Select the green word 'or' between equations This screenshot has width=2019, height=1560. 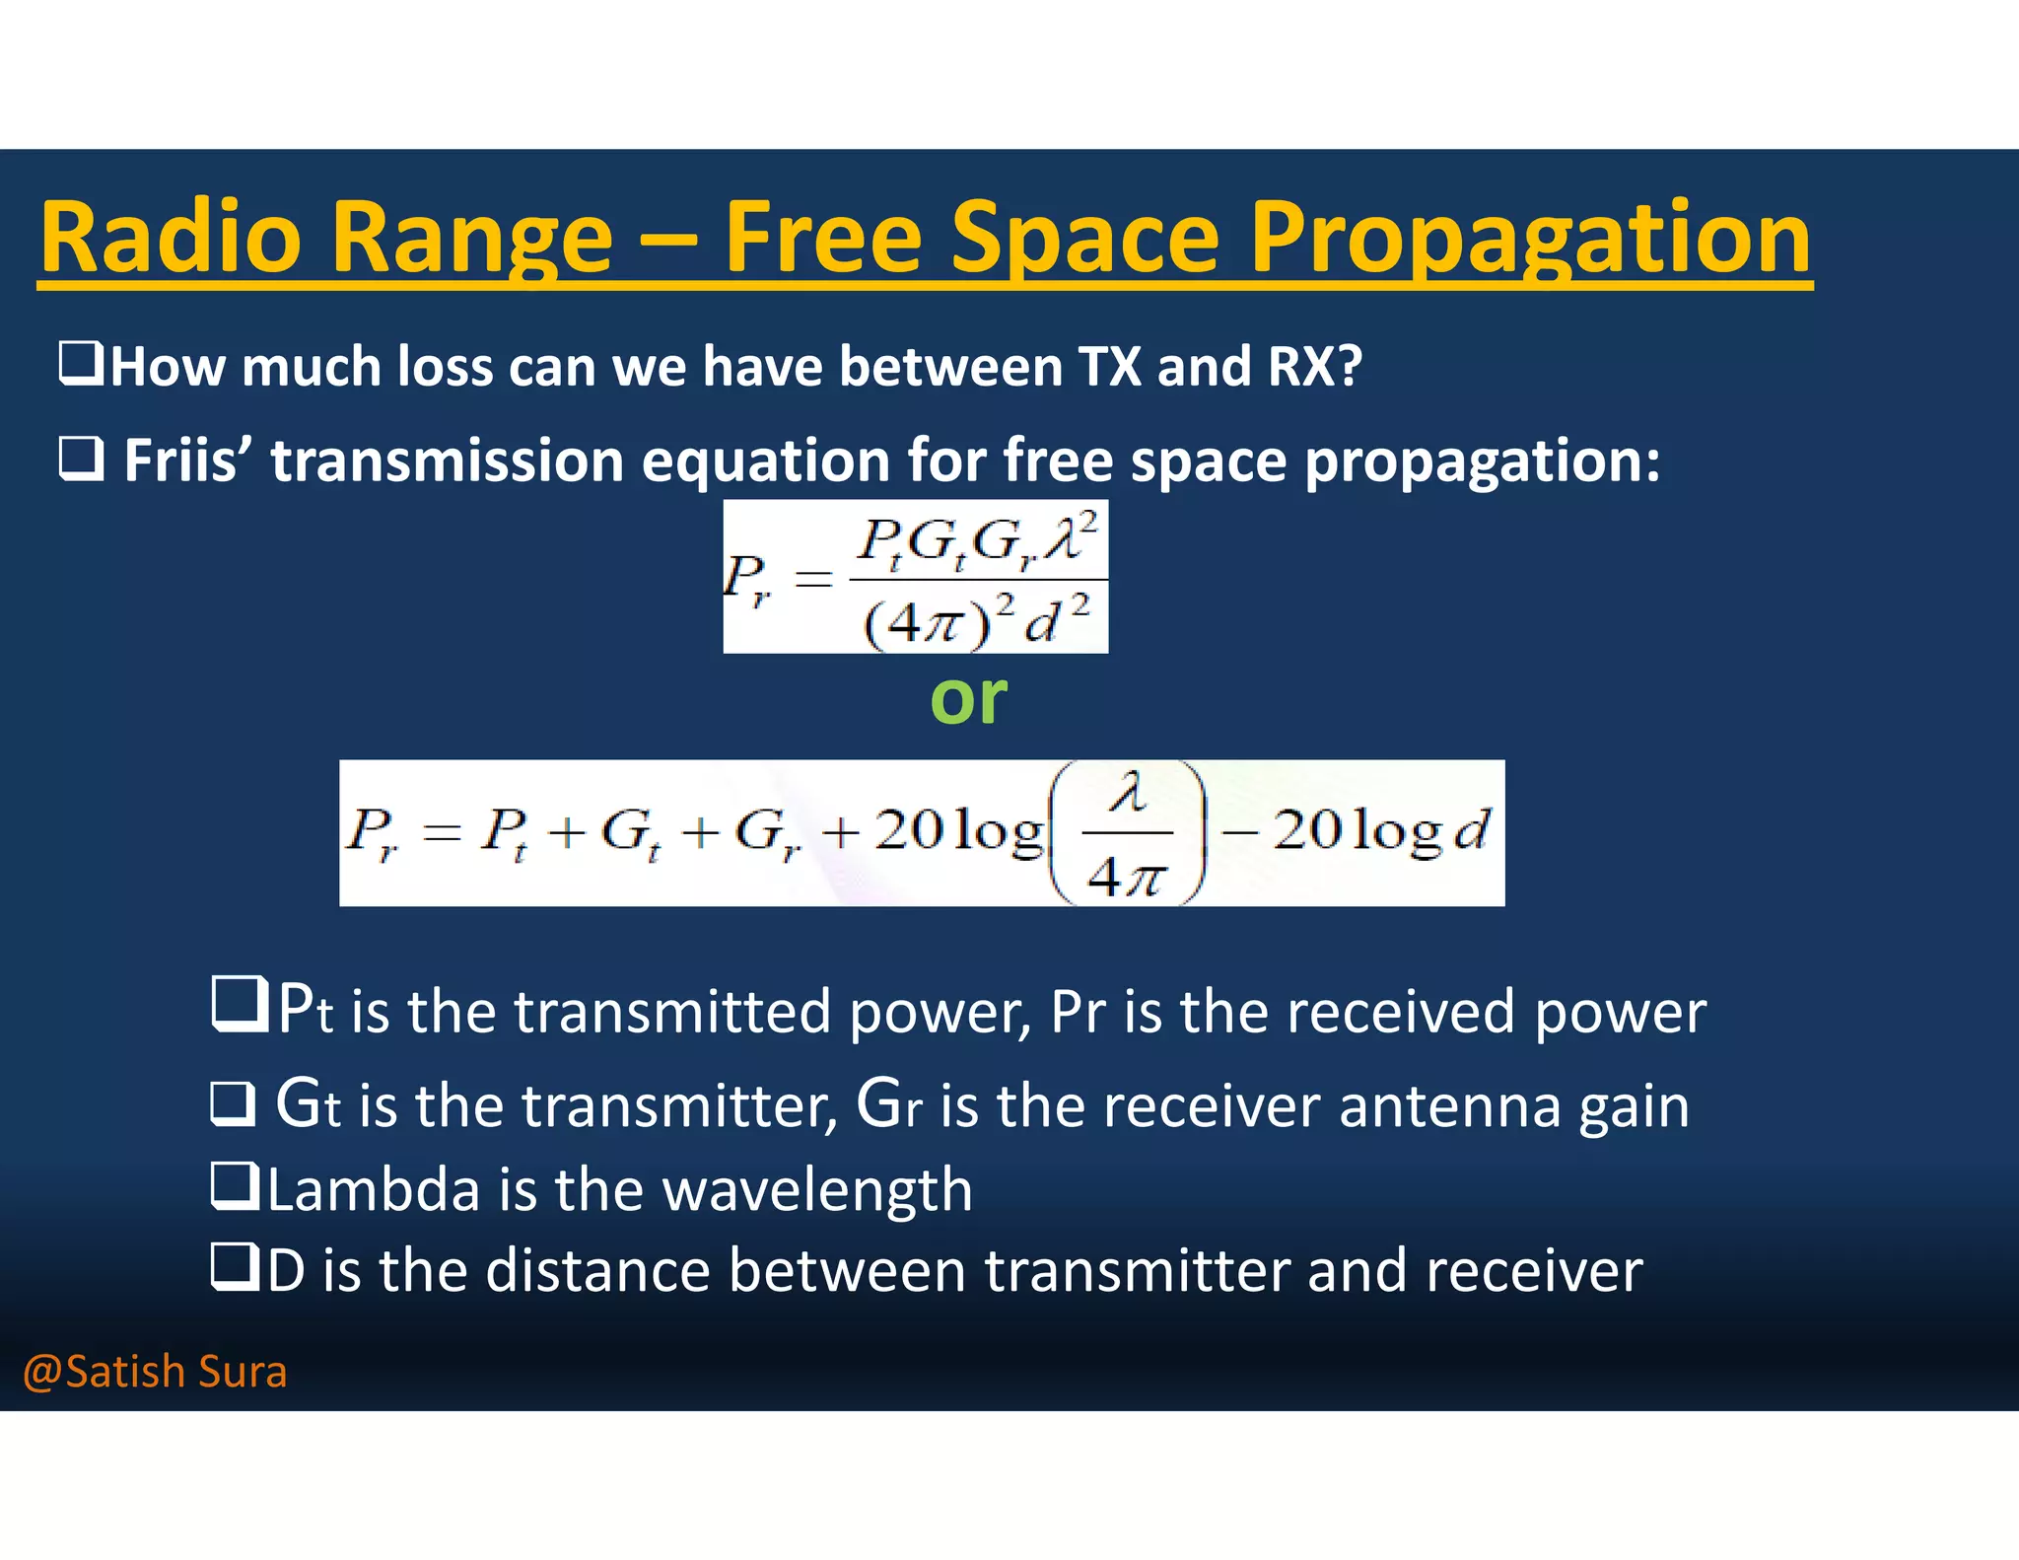968,698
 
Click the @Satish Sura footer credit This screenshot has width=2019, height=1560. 155,1372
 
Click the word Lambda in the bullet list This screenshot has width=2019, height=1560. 374,1189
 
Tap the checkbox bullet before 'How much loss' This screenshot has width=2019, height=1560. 81,363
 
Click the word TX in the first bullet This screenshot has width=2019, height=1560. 1111,367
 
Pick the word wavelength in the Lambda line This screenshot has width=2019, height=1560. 817,1189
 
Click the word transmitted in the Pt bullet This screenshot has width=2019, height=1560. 671,1012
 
